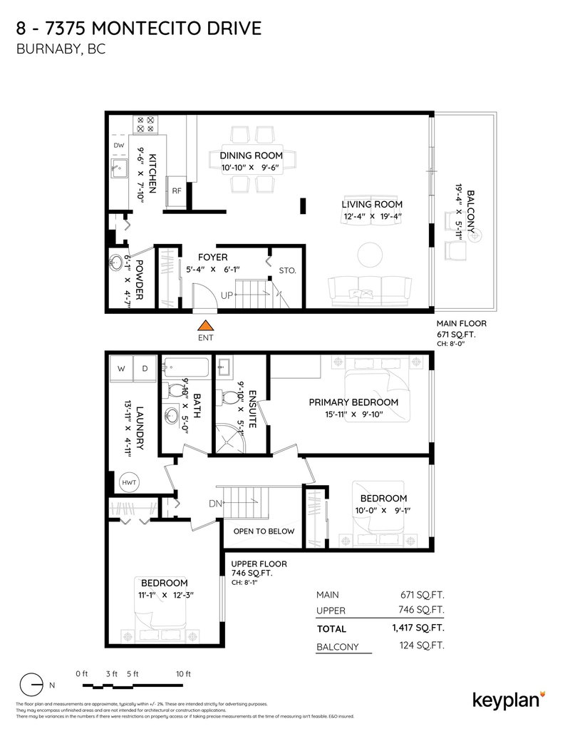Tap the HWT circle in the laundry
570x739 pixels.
tap(129, 482)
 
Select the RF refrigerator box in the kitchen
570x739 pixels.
tap(176, 190)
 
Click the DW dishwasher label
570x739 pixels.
tap(119, 146)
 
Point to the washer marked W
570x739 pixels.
tap(121, 368)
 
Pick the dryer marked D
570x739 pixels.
tap(145, 368)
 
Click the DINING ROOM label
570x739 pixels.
tap(251, 156)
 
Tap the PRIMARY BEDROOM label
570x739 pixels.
tap(353, 402)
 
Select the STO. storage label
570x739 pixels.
tap(286, 270)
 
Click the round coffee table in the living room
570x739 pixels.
tap(370, 255)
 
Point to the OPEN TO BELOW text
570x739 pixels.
tap(254, 531)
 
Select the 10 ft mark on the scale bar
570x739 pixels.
tap(184, 674)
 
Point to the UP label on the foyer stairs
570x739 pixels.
tap(226, 295)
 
